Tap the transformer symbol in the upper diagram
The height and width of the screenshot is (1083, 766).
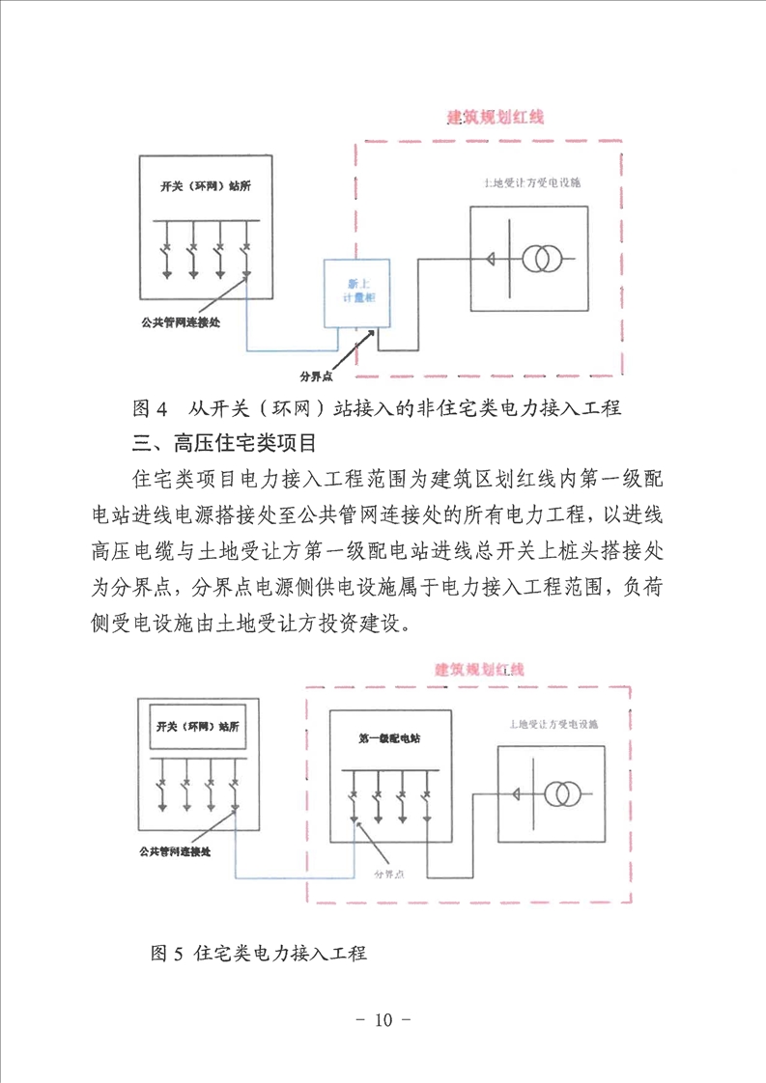click(543, 260)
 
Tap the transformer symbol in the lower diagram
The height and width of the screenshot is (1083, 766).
click(558, 794)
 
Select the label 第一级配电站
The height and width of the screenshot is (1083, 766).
click(389, 738)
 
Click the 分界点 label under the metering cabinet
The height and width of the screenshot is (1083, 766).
click(321, 374)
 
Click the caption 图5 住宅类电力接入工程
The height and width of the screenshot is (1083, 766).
click(260, 954)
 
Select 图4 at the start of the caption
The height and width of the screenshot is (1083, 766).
click(150, 408)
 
